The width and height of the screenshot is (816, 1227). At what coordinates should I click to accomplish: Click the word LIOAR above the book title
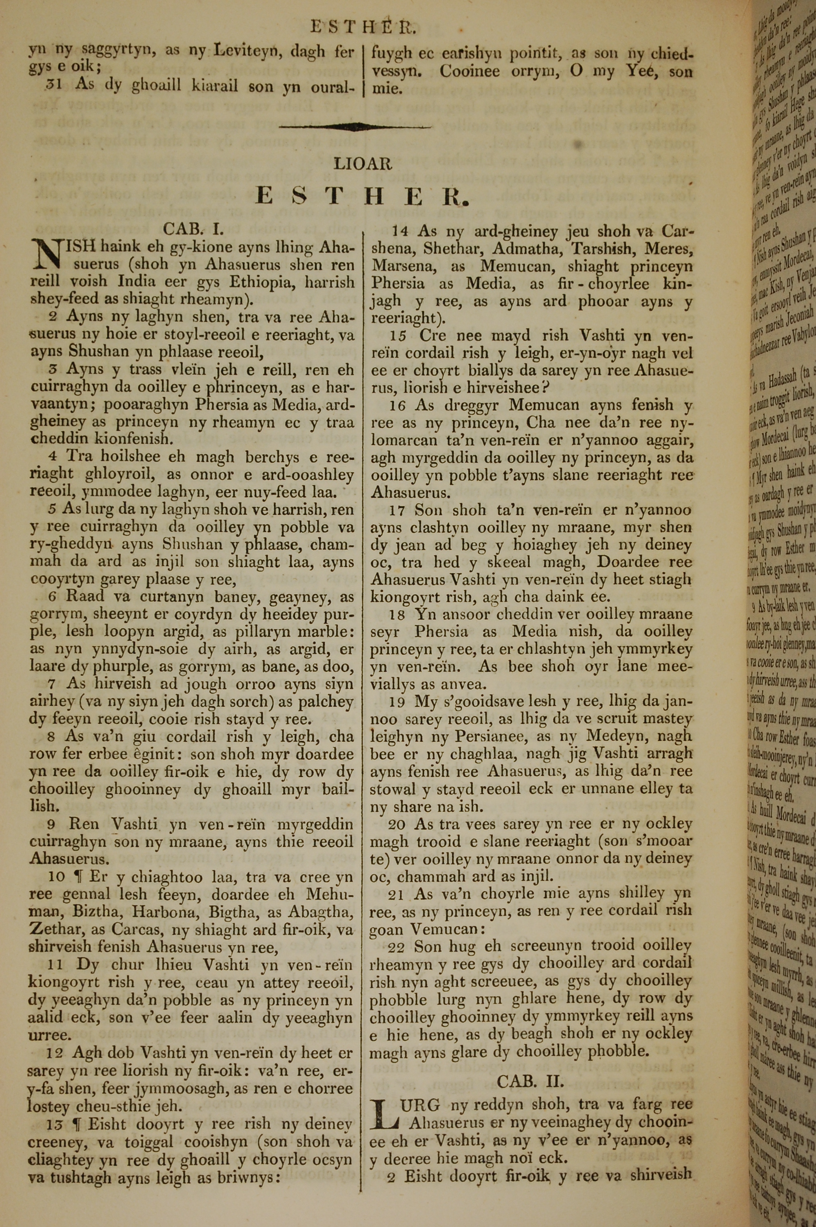pyautogui.click(x=363, y=164)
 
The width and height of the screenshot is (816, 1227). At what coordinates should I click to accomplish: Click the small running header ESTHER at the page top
pyautogui.click(x=363, y=27)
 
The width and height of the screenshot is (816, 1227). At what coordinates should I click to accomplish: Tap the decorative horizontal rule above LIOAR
pyautogui.click(x=355, y=126)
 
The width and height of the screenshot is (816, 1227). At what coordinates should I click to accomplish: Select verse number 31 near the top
pyautogui.click(x=54, y=84)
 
